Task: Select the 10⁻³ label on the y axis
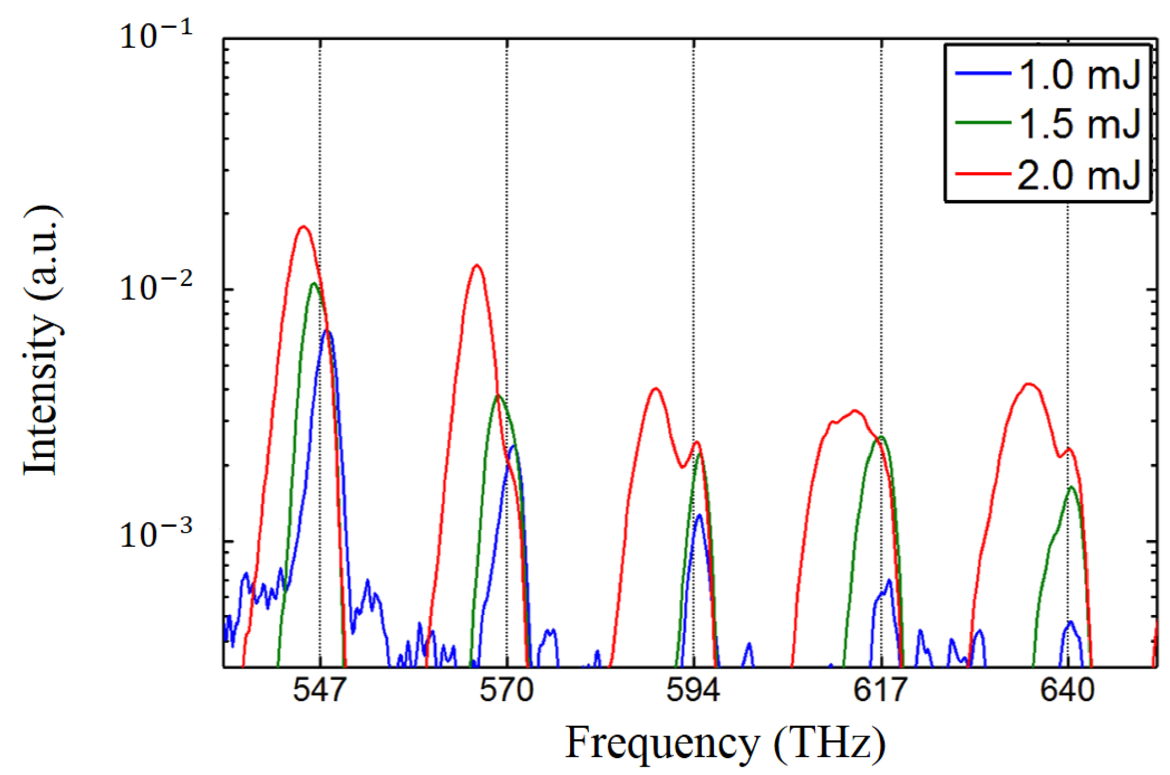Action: (x=156, y=535)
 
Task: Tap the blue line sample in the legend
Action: (x=983, y=73)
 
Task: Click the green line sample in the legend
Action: (x=983, y=123)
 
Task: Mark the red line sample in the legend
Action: (x=983, y=173)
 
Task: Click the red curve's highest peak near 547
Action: (x=303, y=227)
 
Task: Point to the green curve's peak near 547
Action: (x=314, y=284)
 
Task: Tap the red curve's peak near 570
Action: (x=477, y=265)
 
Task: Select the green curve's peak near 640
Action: (x=1070, y=487)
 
